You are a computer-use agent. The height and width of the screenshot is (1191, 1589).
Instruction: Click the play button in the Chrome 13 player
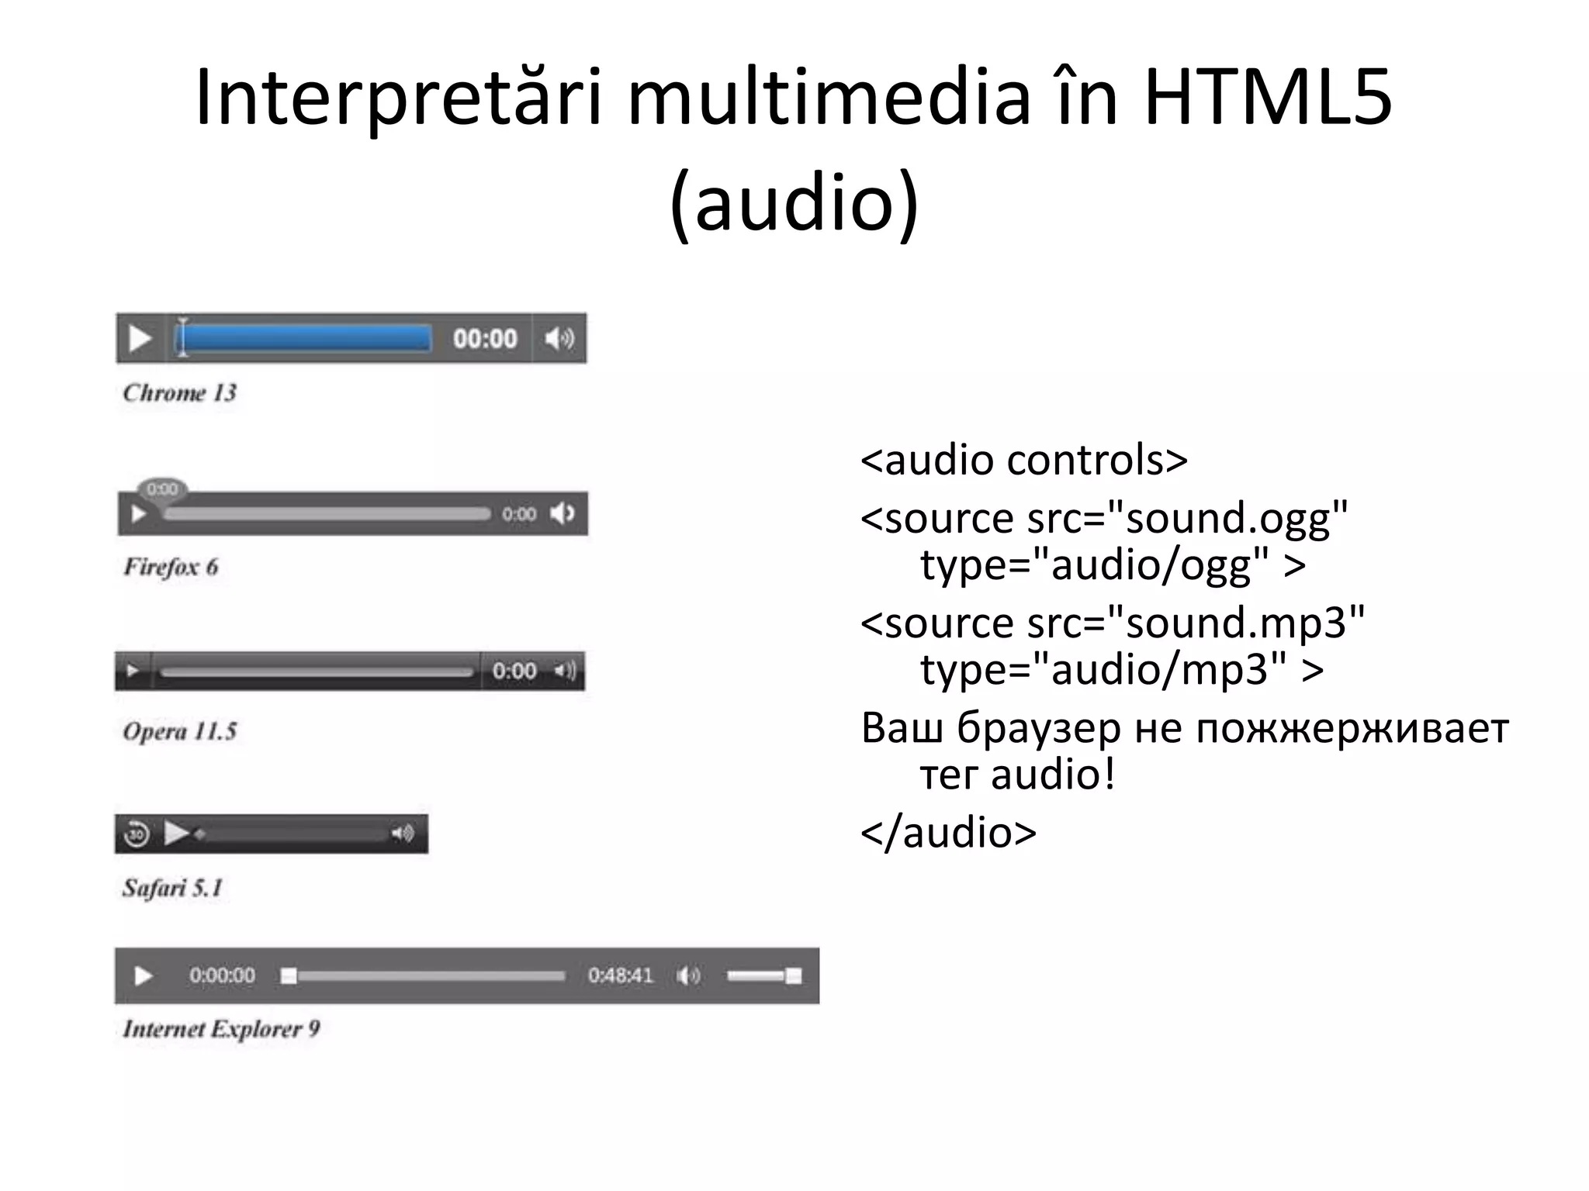click(140, 339)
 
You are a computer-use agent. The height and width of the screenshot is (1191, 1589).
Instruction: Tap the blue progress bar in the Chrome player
click(304, 339)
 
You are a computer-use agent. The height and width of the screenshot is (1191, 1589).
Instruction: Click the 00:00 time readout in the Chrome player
click(485, 339)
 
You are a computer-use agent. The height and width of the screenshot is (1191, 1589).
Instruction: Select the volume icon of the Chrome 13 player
click(559, 339)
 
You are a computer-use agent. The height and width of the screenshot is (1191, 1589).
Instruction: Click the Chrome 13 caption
click(179, 393)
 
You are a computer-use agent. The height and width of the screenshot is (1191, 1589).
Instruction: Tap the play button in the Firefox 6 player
click(139, 514)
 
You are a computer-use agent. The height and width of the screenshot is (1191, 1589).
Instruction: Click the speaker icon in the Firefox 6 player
click(563, 513)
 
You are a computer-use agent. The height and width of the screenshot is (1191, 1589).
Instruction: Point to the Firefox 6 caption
click(171, 567)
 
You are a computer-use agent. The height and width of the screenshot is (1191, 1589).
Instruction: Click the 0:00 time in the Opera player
click(514, 671)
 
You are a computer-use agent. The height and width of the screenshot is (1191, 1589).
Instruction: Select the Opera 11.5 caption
click(179, 731)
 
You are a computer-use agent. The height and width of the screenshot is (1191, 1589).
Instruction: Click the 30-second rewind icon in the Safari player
click(137, 834)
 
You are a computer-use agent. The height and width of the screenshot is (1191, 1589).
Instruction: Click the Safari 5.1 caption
click(172, 887)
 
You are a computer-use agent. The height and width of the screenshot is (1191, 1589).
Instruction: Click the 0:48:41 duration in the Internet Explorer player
click(621, 975)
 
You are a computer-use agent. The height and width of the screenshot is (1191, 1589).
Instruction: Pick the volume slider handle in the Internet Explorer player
click(793, 975)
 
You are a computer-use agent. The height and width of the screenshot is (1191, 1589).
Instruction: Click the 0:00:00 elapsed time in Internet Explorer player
click(222, 975)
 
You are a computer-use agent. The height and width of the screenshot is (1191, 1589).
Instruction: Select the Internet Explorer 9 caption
click(221, 1029)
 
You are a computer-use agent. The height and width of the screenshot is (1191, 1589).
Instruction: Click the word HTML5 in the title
click(1268, 97)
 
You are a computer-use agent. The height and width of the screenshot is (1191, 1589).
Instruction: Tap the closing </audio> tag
click(948, 832)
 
